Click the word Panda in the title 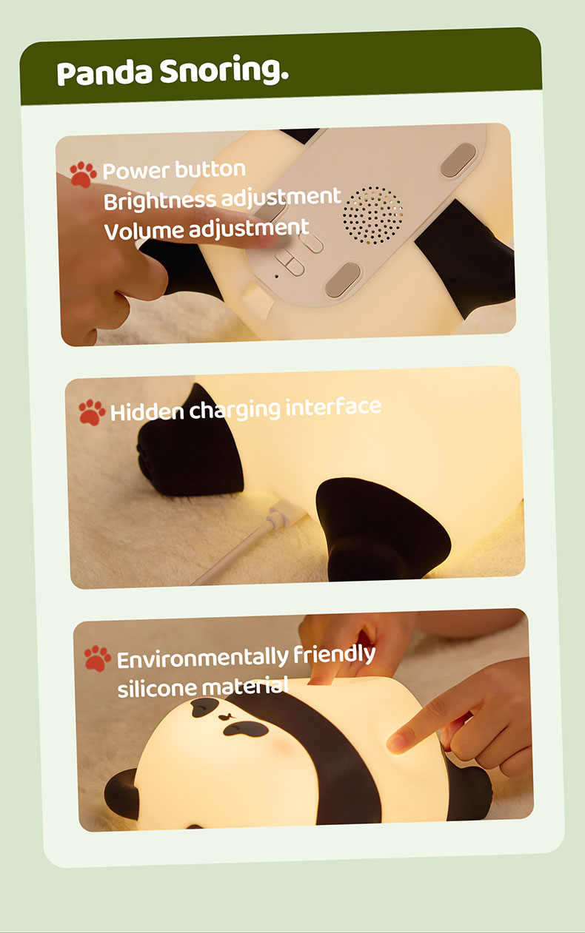click(104, 73)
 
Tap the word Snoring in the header click(224, 70)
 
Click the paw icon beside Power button click(83, 174)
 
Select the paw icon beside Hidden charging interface click(92, 412)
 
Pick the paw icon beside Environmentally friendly click(97, 658)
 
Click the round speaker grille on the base click(372, 215)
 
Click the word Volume click(144, 231)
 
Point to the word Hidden click(147, 411)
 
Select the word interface click(333, 407)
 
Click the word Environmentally click(203, 658)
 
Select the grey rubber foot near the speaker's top click(458, 160)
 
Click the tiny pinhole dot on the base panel click(276, 276)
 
